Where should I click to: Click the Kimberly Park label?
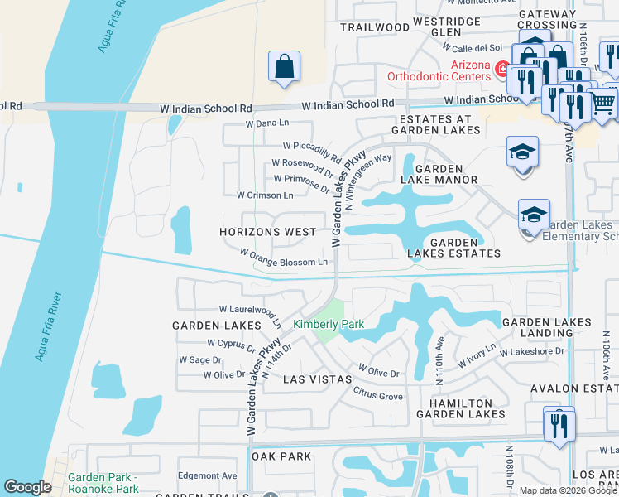point(329,324)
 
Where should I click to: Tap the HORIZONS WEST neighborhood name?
point(266,232)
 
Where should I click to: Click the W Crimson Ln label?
point(265,195)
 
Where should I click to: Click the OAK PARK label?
point(281,456)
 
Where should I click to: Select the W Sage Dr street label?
point(200,360)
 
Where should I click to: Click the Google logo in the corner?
point(27,487)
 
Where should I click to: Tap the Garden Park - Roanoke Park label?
point(103,483)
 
